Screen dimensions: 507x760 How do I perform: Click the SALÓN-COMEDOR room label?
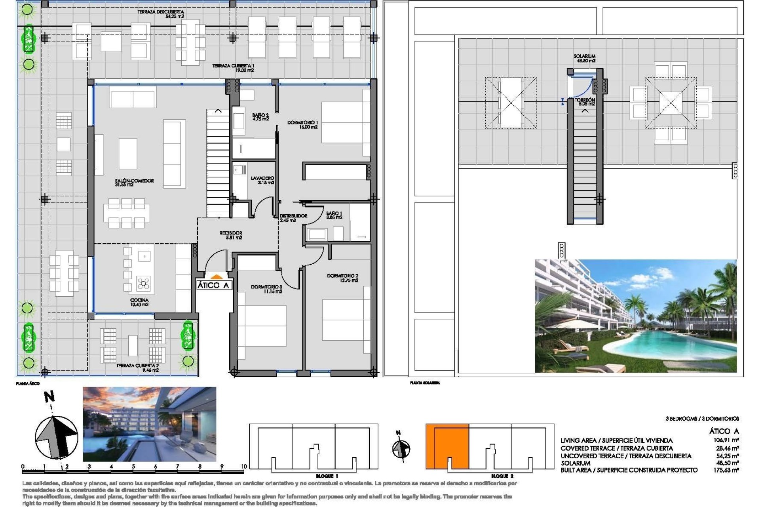(x=134, y=182)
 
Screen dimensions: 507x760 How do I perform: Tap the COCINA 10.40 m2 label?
(x=139, y=302)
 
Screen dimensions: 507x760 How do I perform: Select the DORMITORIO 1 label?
(x=302, y=125)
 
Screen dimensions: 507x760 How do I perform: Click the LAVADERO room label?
(x=262, y=180)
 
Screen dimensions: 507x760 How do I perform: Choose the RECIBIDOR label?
(x=231, y=235)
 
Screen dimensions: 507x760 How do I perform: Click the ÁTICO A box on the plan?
(x=213, y=285)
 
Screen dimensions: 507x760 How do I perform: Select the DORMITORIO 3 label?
(x=266, y=289)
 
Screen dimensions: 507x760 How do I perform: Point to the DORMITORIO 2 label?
(x=343, y=278)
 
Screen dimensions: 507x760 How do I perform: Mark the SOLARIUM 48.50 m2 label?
(x=585, y=59)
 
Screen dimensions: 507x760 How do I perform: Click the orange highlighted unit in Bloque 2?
(x=447, y=446)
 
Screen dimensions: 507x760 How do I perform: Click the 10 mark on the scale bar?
(x=244, y=466)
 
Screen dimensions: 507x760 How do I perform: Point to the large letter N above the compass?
(x=49, y=397)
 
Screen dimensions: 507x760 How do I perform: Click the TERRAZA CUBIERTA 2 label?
(x=137, y=368)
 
